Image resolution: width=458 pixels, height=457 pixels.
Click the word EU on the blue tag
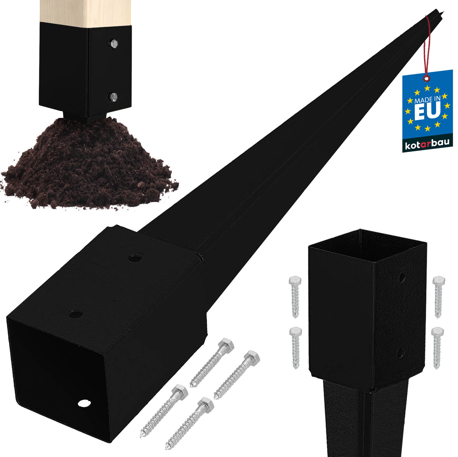[427, 111]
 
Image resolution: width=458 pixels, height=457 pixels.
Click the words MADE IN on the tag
[427, 99]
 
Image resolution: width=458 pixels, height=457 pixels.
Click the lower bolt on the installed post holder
[114, 97]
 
